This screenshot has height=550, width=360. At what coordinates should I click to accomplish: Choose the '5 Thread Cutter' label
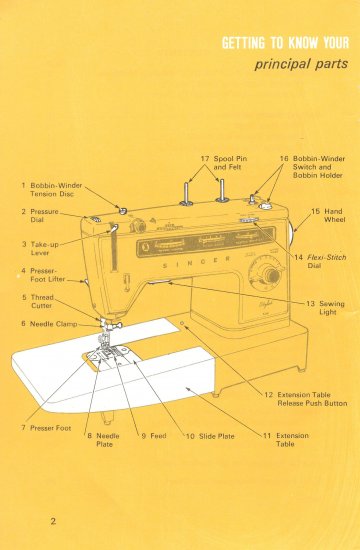(x=39, y=303)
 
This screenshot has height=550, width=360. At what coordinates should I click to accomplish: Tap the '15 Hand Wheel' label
(x=327, y=216)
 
